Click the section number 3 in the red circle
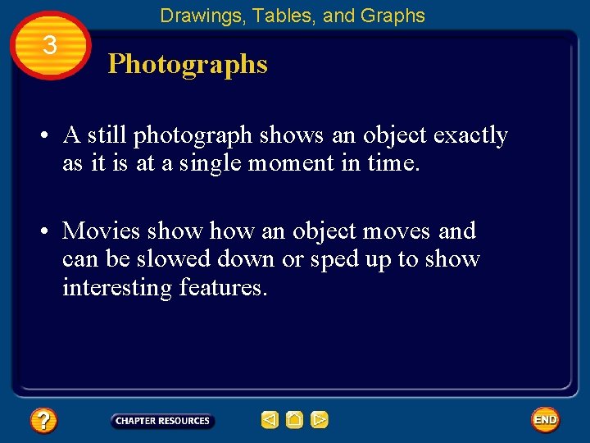click(x=50, y=46)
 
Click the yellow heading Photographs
click(x=188, y=64)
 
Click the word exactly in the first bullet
click(x=467, y=135)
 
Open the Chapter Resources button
click(x=162, y=421)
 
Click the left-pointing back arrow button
click(x=270, y=421)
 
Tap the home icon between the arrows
click(x=294, y=421)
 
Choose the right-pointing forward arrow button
click(x=320, y=421)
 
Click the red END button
click(x=545, y=420)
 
